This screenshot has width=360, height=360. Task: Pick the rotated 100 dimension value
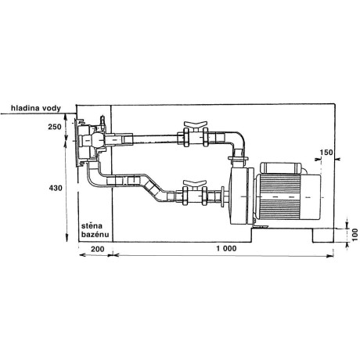pos(355,232)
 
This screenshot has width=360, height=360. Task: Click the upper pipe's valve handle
pos(193,125)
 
